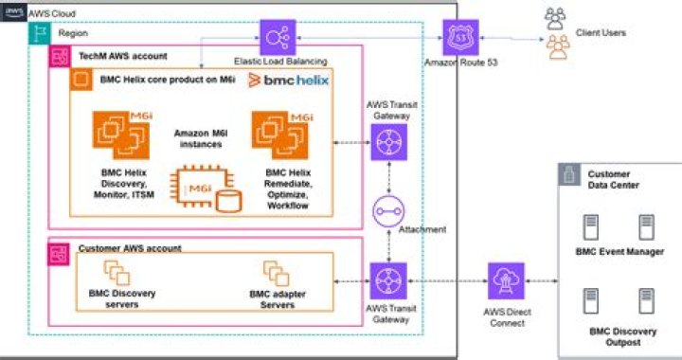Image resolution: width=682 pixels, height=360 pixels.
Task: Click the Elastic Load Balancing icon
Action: [279, 37]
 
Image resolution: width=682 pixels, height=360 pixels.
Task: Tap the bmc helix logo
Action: [288, 81]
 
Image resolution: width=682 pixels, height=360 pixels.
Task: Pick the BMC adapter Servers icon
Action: [276, 275]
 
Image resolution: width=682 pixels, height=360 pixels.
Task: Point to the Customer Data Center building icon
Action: [569, 175]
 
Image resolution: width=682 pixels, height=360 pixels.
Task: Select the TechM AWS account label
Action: [118, 57]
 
